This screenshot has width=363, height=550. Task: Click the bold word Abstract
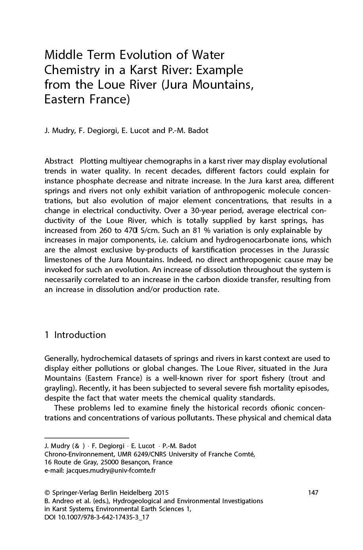pyautogui.click(x=59, y=161)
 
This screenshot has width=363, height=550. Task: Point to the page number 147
pyautogui.click(x=313, y=493)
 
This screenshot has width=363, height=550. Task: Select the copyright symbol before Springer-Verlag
pyautogui.click(x=47, y=493)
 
